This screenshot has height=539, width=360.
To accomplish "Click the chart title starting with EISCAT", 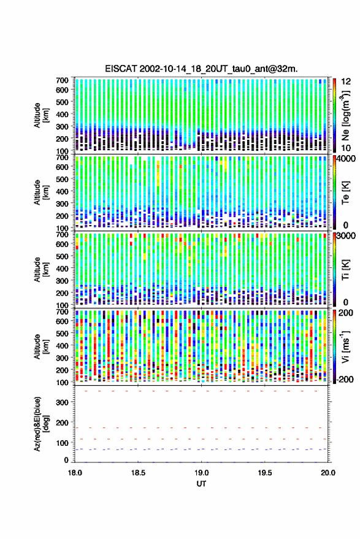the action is coord(201,69).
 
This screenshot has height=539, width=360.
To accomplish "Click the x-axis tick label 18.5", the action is coord(138,473).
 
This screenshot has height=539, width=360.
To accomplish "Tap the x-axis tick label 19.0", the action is coord(202,473).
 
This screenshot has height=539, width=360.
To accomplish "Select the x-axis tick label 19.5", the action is coord(265,473).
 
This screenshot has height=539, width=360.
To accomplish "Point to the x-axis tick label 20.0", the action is coord(328,473).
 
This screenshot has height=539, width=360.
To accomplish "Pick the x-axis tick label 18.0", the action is coord(75,473).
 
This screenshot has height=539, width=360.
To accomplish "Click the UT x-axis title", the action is coord(201,484).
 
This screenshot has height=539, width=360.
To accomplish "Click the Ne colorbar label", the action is coord(345,115).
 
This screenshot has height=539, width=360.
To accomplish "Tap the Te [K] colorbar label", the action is coord(345,193).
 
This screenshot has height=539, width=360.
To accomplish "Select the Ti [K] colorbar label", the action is coord(345,270).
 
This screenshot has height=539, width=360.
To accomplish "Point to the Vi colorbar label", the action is coord(345,346).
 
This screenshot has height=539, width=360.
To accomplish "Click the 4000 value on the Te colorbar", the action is coord(347,159).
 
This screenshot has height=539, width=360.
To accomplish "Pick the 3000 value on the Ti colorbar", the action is coord(347,236).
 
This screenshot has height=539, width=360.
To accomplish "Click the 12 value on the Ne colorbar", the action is coord(347,82).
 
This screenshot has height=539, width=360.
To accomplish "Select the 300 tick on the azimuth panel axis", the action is coord(62,402).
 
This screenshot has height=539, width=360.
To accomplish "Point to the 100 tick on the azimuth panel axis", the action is coord(62,443).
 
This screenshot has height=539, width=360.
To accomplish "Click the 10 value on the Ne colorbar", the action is coord(347,148).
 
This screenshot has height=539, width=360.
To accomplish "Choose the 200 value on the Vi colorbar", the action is coord(345,313).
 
